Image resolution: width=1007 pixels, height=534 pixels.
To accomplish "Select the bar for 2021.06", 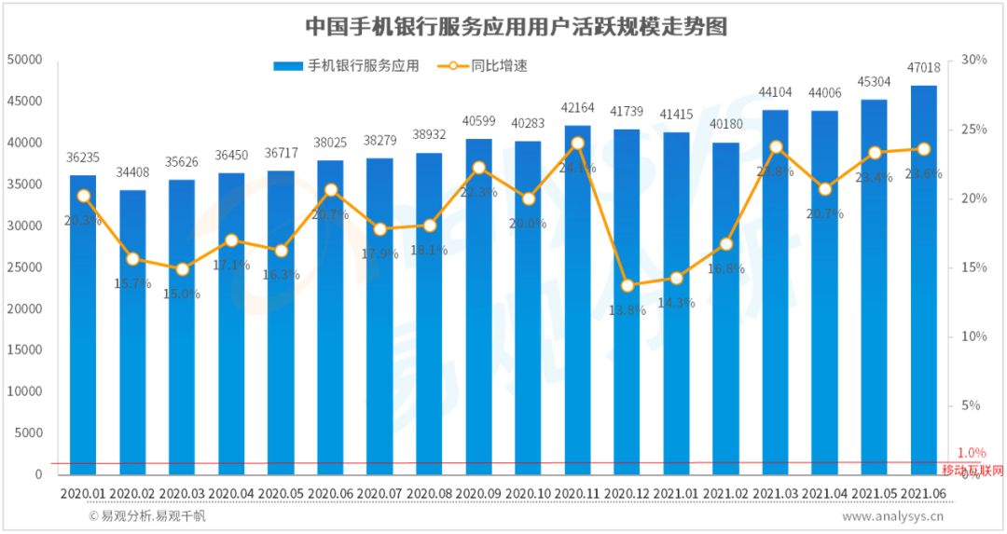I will pos(923,280).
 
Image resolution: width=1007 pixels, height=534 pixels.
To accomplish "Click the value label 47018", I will pos(923,67).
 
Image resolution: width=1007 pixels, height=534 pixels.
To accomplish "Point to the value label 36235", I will pos(83,157).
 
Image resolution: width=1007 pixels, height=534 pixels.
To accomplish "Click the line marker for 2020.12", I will pos(628,286).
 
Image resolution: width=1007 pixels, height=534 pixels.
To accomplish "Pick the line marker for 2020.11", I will pos(577,144).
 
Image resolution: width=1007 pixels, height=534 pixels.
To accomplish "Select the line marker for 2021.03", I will pos(776,147).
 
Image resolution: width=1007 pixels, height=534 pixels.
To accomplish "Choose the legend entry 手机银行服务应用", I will pos(346,66).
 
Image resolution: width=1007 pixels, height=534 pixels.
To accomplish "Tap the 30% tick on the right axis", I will pos(973,60).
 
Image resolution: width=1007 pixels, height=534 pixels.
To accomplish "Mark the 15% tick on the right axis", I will pos(973,267).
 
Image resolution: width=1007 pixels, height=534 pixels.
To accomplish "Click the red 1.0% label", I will pos(972,453).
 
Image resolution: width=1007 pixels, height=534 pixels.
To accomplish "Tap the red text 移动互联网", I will pos(973,471).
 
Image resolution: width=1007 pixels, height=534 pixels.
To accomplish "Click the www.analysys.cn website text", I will pos(893,515).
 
